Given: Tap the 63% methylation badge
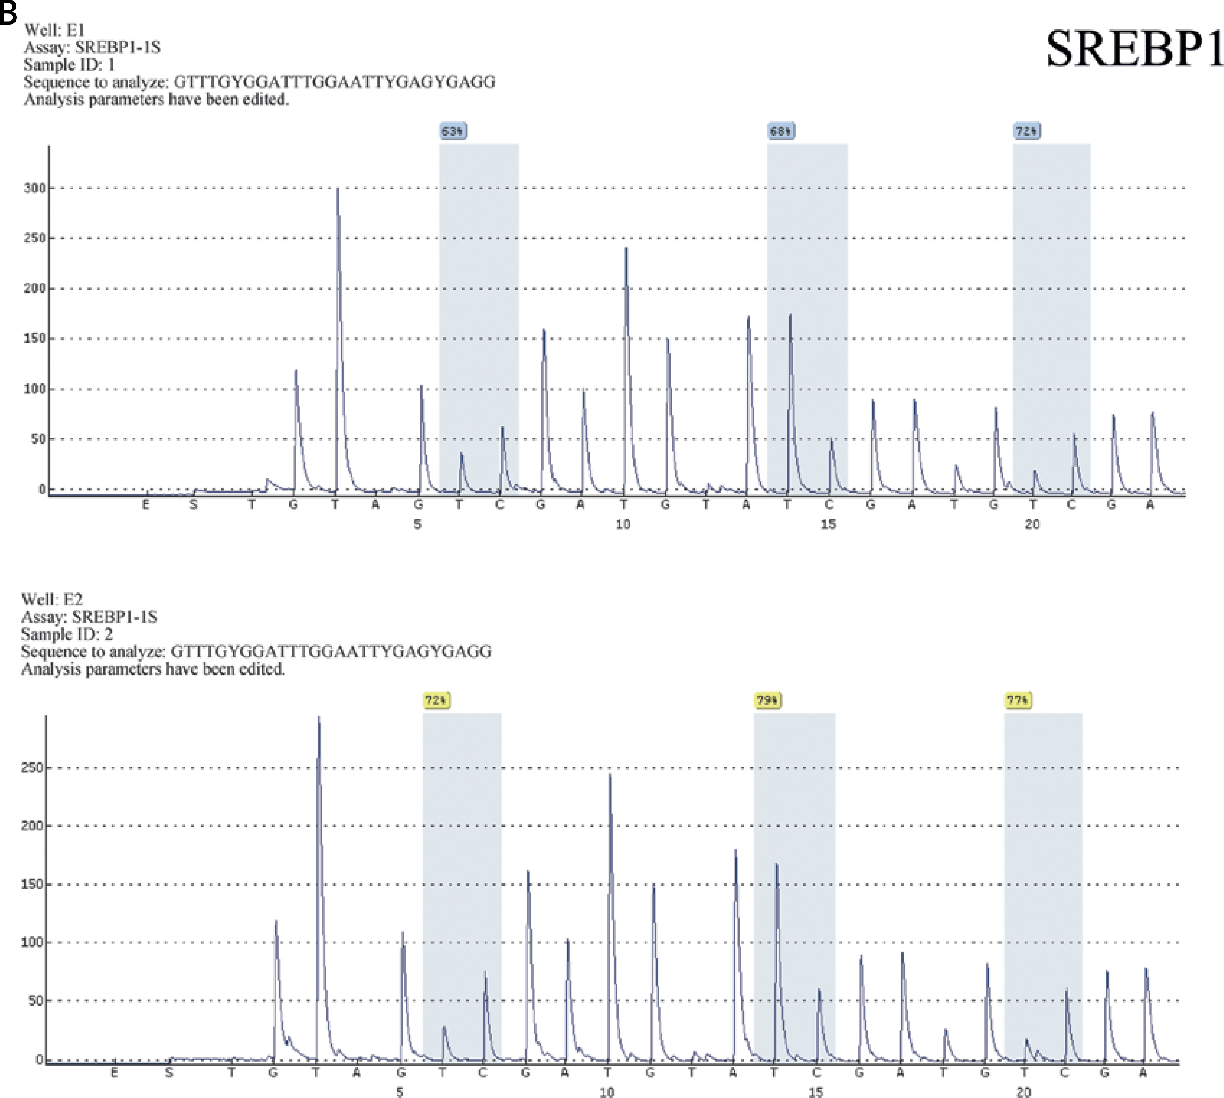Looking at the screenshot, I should click(453, 131).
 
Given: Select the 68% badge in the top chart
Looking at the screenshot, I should click(781, 131).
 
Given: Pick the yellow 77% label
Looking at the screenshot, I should click(1018, 700).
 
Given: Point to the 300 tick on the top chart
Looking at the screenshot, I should click(35, 188).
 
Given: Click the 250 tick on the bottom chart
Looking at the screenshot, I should click(32, 767).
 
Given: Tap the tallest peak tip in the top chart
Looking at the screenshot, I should click(338, 189).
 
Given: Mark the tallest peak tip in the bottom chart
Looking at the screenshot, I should click(319, 718).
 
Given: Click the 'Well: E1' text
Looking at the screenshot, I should click(54, 29).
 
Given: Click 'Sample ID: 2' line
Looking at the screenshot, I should click(67, 634).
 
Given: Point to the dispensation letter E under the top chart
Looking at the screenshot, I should click(145, 504).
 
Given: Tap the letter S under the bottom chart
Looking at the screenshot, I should click(169, 1073).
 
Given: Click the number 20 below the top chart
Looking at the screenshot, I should click(1032, 524).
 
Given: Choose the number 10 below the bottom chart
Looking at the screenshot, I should click(607, 1092).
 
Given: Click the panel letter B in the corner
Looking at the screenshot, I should click(9, 13).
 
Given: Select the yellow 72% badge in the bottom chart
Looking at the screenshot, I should click(436, 700).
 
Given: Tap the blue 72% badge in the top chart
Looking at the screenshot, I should click(1027, 131).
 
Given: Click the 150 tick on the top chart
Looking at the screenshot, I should click(35, 338).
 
